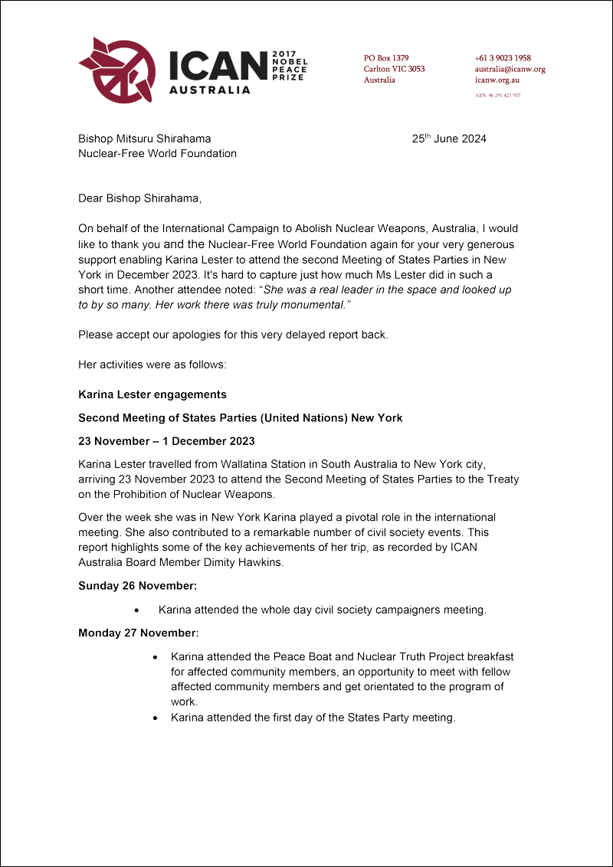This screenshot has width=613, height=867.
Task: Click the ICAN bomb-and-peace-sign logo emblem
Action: coord(117,70)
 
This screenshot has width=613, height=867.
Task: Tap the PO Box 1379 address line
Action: coord(386,58)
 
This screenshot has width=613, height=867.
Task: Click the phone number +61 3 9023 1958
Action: coord(503,58)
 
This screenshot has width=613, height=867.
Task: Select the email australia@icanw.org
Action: coord(510,69)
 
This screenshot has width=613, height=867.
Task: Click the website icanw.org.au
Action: coord(498,80)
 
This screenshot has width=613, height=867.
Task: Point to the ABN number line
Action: coord(498,96)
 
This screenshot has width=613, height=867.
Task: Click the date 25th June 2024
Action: coord(449,139)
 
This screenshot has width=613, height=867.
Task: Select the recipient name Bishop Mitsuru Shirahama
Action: coord(145,139)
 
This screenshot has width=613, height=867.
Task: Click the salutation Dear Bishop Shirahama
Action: coord(139,198)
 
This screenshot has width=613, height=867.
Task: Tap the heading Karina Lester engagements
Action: coord(152,394)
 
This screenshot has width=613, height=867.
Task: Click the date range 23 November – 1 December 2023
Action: coord(166,441)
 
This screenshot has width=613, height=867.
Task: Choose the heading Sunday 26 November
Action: coord(137,586)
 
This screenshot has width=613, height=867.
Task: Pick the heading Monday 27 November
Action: coord(138,633)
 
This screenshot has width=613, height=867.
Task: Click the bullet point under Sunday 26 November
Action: coord(136,610)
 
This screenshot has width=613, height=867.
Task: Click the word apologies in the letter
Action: coord(188,335)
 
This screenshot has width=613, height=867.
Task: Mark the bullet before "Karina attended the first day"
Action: coord(156,718)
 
